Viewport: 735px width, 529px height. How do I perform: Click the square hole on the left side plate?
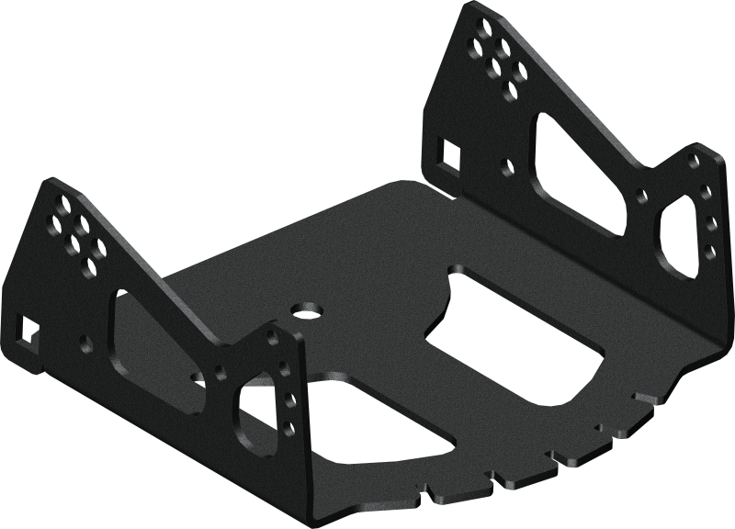tap(27, 332)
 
